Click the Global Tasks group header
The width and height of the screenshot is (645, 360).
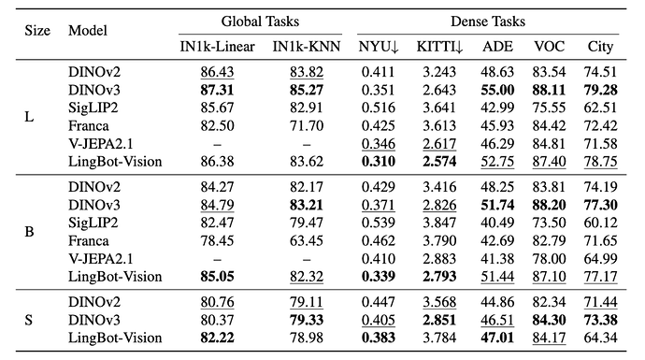(x=260, y=22)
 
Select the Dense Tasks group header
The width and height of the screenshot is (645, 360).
(x=488, y=22)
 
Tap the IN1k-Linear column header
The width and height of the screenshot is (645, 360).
(x=217, y=47)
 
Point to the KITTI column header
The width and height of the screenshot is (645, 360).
(x=439, y=47)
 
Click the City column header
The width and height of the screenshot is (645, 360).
(x=600, y=47)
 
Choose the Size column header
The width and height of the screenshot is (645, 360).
(x=37, y=31)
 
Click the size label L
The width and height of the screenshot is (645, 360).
(x=29, y=117)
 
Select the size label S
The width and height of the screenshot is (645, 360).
(x=28, y=320)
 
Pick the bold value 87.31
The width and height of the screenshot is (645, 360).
(x=217, y=90)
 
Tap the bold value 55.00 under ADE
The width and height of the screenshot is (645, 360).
(x=497, y=90)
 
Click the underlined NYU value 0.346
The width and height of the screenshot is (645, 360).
(x=379, y=144)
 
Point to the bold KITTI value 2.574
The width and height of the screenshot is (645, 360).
(x=439, y=161)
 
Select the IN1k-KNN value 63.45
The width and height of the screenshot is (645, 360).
(x=307, y=240)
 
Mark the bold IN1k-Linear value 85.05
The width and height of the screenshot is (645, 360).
(x=217, y=277)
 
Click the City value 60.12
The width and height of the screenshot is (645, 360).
(x=600, y=223)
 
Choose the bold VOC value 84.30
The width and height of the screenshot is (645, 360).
(x=549, y=320)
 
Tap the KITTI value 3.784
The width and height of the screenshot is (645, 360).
(x=439, y=338)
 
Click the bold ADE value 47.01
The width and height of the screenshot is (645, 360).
(x=497, y=338)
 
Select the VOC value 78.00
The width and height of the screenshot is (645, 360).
(x=549, y=259)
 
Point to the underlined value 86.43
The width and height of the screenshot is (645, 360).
(x=217, y=72)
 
